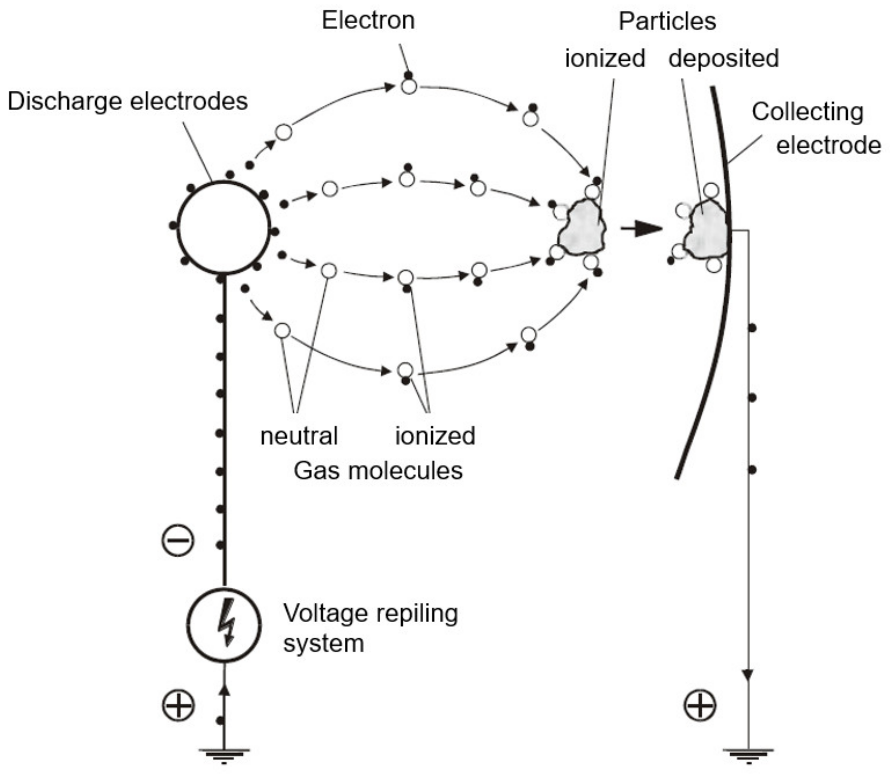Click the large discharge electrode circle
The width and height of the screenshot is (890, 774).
pos(224,228)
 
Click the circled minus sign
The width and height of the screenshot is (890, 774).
pos(178,540)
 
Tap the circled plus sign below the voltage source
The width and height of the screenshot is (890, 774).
pos(178,706)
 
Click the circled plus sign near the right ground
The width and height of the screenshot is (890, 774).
pos(700,706)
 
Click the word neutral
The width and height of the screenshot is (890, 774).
pos(299,436)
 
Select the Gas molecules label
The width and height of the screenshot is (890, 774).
pos(378,471)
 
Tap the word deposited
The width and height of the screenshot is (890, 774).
pos(724,59)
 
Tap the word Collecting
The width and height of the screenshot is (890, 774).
pos(807,112)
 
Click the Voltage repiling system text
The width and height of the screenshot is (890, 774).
pos(370,628)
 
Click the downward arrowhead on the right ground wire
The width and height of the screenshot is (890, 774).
pos(748,675)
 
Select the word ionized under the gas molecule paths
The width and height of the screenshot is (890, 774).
pos(435,436)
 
